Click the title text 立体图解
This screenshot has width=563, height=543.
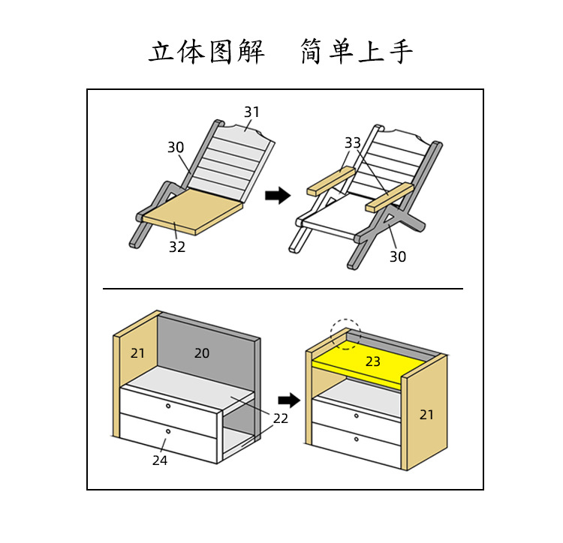206,52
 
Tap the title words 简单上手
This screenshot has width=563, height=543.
357,52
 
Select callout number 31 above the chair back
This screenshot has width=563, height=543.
251,112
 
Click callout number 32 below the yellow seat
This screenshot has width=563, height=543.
176,247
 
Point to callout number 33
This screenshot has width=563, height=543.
353,142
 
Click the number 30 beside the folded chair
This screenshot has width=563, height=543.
176,148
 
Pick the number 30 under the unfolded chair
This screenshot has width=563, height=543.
397,256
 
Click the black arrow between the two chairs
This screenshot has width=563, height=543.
278,196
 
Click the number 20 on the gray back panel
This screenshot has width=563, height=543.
202,352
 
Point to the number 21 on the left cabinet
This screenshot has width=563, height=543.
138,352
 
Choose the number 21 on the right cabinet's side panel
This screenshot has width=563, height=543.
426,414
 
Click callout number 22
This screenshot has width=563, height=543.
280,418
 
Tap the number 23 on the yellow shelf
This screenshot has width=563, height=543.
373,361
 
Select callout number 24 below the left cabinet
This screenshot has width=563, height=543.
160,460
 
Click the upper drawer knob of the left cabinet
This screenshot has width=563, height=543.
169,406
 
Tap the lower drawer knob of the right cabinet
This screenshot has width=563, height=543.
355,439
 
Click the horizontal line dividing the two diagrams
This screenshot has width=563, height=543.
282,288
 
